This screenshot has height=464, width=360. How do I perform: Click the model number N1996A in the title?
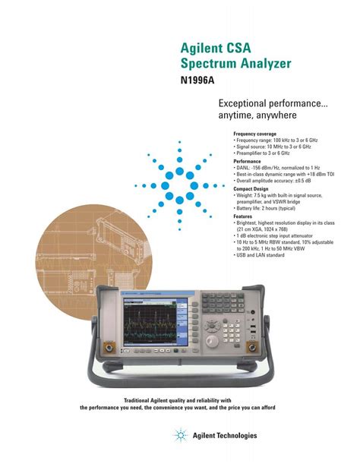pyautogui.click(x=199, y=77)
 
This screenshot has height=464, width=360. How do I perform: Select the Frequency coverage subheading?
pyautogui.click(x=254, y=134)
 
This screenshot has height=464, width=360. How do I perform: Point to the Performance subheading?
pyautogui.click(x=247, y=161)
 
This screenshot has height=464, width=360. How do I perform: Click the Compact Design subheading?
pyautogui.click(x=250, y=188)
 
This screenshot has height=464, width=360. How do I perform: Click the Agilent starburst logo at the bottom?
pyautogui.click(x=181, y=435)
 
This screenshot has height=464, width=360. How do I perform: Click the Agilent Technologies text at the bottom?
pyautogui.click(x=225, y=436)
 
